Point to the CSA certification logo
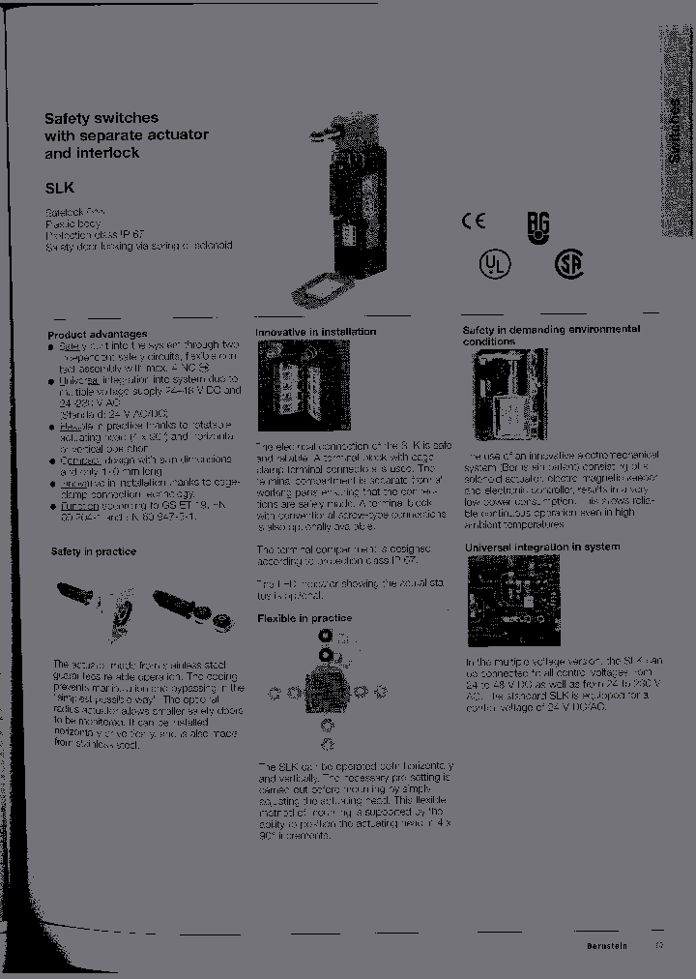coord(568,264)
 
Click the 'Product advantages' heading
coord(97,334)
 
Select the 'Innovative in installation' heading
coord(315,332)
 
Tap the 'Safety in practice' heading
coord(93,551)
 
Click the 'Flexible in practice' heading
coord(304,618)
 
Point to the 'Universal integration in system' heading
coord(542,547)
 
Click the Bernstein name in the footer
coord(607,947)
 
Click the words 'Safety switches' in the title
coord(101,118)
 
